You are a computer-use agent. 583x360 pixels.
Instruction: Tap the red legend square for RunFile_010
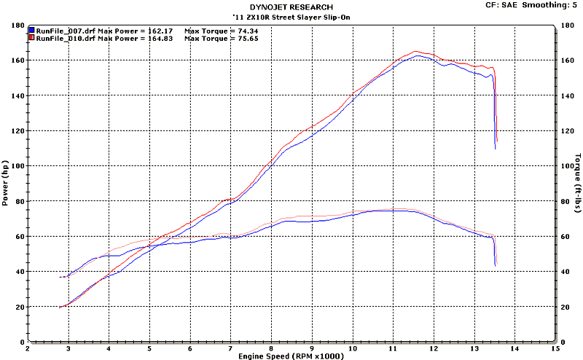click(x=32, y=39)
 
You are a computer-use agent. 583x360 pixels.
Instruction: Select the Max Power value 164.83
click(x=160, y=39)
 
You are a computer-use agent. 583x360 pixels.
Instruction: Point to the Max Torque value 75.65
click(x=244, y=39)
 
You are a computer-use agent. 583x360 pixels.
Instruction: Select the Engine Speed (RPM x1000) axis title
click(x=291, y=356)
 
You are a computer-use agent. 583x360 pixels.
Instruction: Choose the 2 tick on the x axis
click(x=28, y=348)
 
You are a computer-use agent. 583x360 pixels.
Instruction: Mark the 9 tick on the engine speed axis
click(x=312, y=348)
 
